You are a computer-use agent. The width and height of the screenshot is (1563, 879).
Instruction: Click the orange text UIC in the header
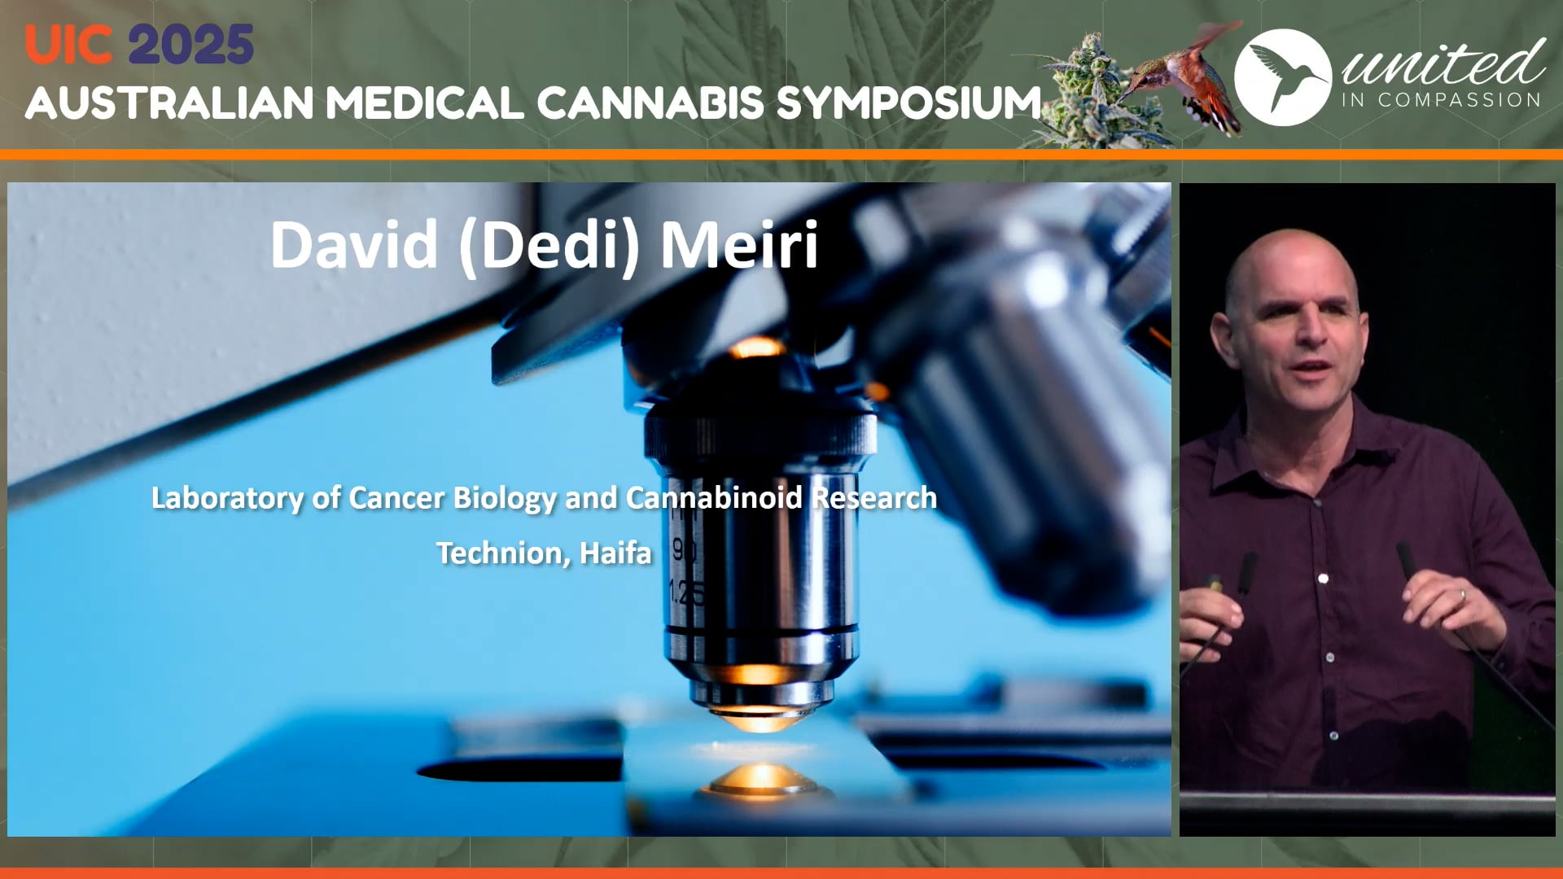[x=68, y=45]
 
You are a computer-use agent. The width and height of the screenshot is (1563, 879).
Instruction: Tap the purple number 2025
[x=191, y=45]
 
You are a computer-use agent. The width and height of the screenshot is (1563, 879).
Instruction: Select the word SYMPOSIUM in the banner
[x=908, y=103]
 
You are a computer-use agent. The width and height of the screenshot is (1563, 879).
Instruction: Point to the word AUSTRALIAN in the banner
[x=169, y=103]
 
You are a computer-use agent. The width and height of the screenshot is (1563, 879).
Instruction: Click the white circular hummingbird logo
[x=1282, y=77]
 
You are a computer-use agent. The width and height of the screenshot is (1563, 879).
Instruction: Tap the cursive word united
[x=1443, y=63]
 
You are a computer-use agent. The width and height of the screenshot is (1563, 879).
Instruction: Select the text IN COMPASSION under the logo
[x=1441, y=100]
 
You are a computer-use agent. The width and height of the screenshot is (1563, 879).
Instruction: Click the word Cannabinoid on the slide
[x=714, y=497]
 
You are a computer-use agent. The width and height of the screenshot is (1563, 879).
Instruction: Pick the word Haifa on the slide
[x=615, y=553]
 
